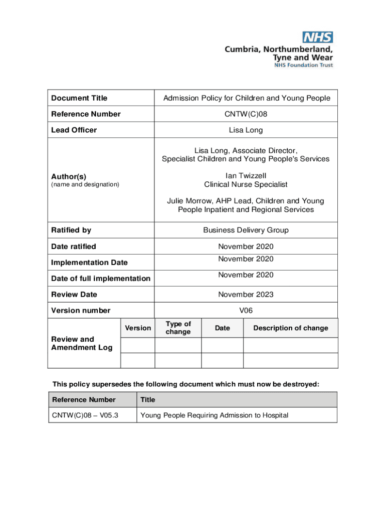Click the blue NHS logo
(318, 37)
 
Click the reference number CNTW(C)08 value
(246, 114)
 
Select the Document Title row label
(79, 98)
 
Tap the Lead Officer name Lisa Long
(246, 130)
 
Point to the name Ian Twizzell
(246, 176)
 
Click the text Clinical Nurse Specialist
(246, 184)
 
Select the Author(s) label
(69, 176)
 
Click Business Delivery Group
(246, 230)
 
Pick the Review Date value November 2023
(246, 295)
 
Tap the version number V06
(246, 311)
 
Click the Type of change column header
(178, 328)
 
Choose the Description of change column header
(290, 328)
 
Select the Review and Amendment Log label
(82, 343)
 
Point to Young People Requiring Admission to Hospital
(215, 415)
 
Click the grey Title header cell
(236, 400)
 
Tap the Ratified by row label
(71, 230)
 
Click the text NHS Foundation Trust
(303, 65)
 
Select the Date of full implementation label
(101, 279)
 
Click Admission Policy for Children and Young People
(247, 98)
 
